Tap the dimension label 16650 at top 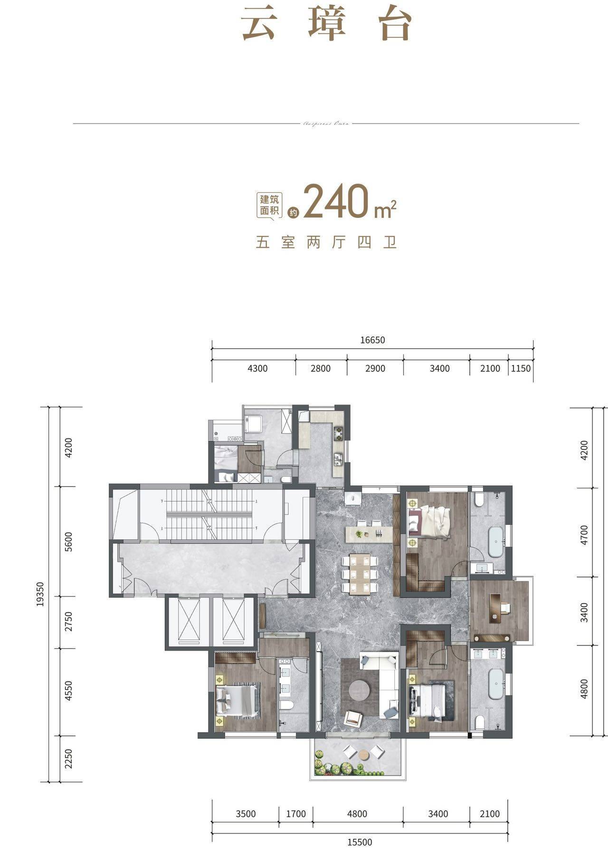(x=372, y=340)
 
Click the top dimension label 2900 (x=375, y=369)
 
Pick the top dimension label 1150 (x=521, y=369)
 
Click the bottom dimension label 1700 (x=295, y=814)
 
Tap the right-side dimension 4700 (x=584, y=535)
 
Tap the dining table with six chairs (x=360, y=574)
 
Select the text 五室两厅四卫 (x=326, y=243)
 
